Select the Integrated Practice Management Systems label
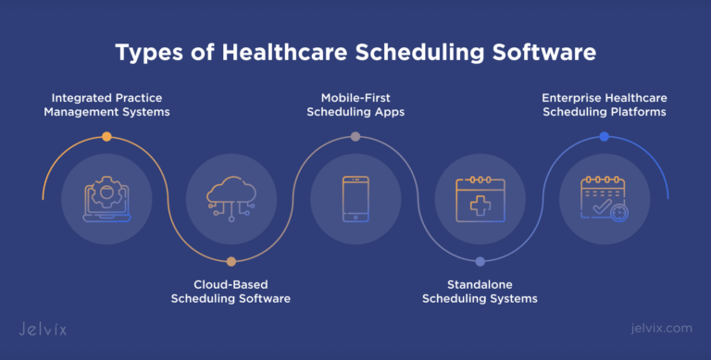(106, 104)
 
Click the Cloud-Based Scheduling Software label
(231, 291)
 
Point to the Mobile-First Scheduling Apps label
(355, 104)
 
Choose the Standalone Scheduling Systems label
(480, 291)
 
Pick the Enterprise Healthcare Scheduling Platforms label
(604, 104)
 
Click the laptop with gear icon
(106, 197)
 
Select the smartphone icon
(355, 197)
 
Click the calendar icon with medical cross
(480, 197)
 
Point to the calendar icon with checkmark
(604, 197)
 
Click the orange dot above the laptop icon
(106, 136)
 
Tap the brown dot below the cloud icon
(231, 261)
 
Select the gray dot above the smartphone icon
(355, 136)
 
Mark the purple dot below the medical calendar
(480, 261)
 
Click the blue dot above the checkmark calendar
(604, 136)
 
